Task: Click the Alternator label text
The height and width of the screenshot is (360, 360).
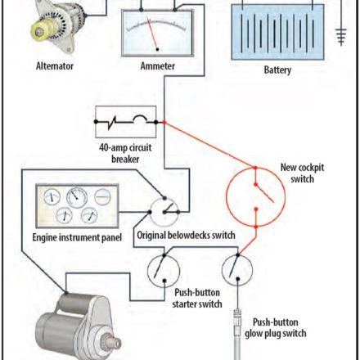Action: coord(55,66)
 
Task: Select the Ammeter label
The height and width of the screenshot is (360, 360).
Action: coord(158,66)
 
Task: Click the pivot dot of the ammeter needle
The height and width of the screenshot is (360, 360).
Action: coord(157,49)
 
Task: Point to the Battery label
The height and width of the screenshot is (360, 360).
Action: coord(277,70)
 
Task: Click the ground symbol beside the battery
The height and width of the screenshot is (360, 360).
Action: coord(341,36)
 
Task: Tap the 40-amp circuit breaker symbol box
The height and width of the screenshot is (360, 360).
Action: coord(126,122)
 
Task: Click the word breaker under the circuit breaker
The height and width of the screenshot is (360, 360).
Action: coord(125,160)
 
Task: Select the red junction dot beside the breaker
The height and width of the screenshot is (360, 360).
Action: coord(164,122)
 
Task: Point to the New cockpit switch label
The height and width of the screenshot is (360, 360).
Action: coord(302,173)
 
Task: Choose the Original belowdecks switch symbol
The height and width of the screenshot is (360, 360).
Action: coord(164,212)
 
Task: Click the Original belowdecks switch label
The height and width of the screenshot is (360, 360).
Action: coord(186,236)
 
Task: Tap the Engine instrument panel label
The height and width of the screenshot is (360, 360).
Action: coord(77,237)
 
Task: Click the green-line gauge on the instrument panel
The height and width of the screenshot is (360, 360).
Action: coord(102,196)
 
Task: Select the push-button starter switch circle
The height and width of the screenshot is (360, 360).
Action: coord(164,271)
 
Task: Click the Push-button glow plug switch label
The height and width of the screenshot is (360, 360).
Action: coord(276,328)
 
